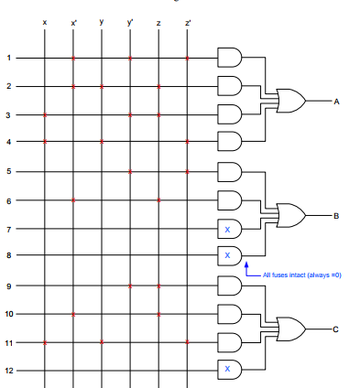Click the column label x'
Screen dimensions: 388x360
coord(73,21)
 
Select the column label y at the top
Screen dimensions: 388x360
coord(102,21)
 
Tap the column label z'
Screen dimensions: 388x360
coord(188,21)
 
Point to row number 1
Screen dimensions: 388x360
coord(9,58)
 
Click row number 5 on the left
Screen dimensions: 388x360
coord(9,171)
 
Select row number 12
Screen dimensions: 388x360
coord(10,371)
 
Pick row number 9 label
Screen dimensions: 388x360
coord(9,286)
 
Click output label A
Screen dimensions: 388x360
coord(336,102)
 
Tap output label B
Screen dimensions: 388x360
coord(336,216)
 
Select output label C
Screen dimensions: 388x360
coord(336,329)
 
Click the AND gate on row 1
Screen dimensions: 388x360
coord(228,59)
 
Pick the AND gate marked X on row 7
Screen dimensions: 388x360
coord(228,229)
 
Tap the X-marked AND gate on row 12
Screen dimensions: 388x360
coord(228,371)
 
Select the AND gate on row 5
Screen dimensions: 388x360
coord(228,172)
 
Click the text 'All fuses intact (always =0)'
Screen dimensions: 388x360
coord(301,275)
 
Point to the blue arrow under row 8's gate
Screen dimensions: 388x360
coord(246,271)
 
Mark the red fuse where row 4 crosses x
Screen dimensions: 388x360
coord(45,143)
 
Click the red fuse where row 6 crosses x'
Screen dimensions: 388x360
coord(73,199)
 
